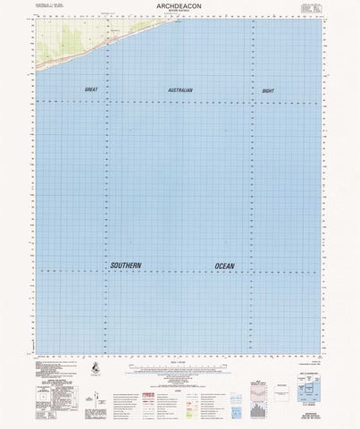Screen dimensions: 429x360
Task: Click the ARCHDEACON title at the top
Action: click(x=180, y=6)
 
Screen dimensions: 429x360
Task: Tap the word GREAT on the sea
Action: click(x=90, y=91)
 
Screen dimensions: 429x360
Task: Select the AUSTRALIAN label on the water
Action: click(x=180, y=91)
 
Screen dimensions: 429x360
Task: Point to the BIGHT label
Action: click(x=268, y=91)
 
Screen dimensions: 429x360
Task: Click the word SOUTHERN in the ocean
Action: click(x=126, y=265)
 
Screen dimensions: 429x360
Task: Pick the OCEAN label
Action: click(x=230, y=265)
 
